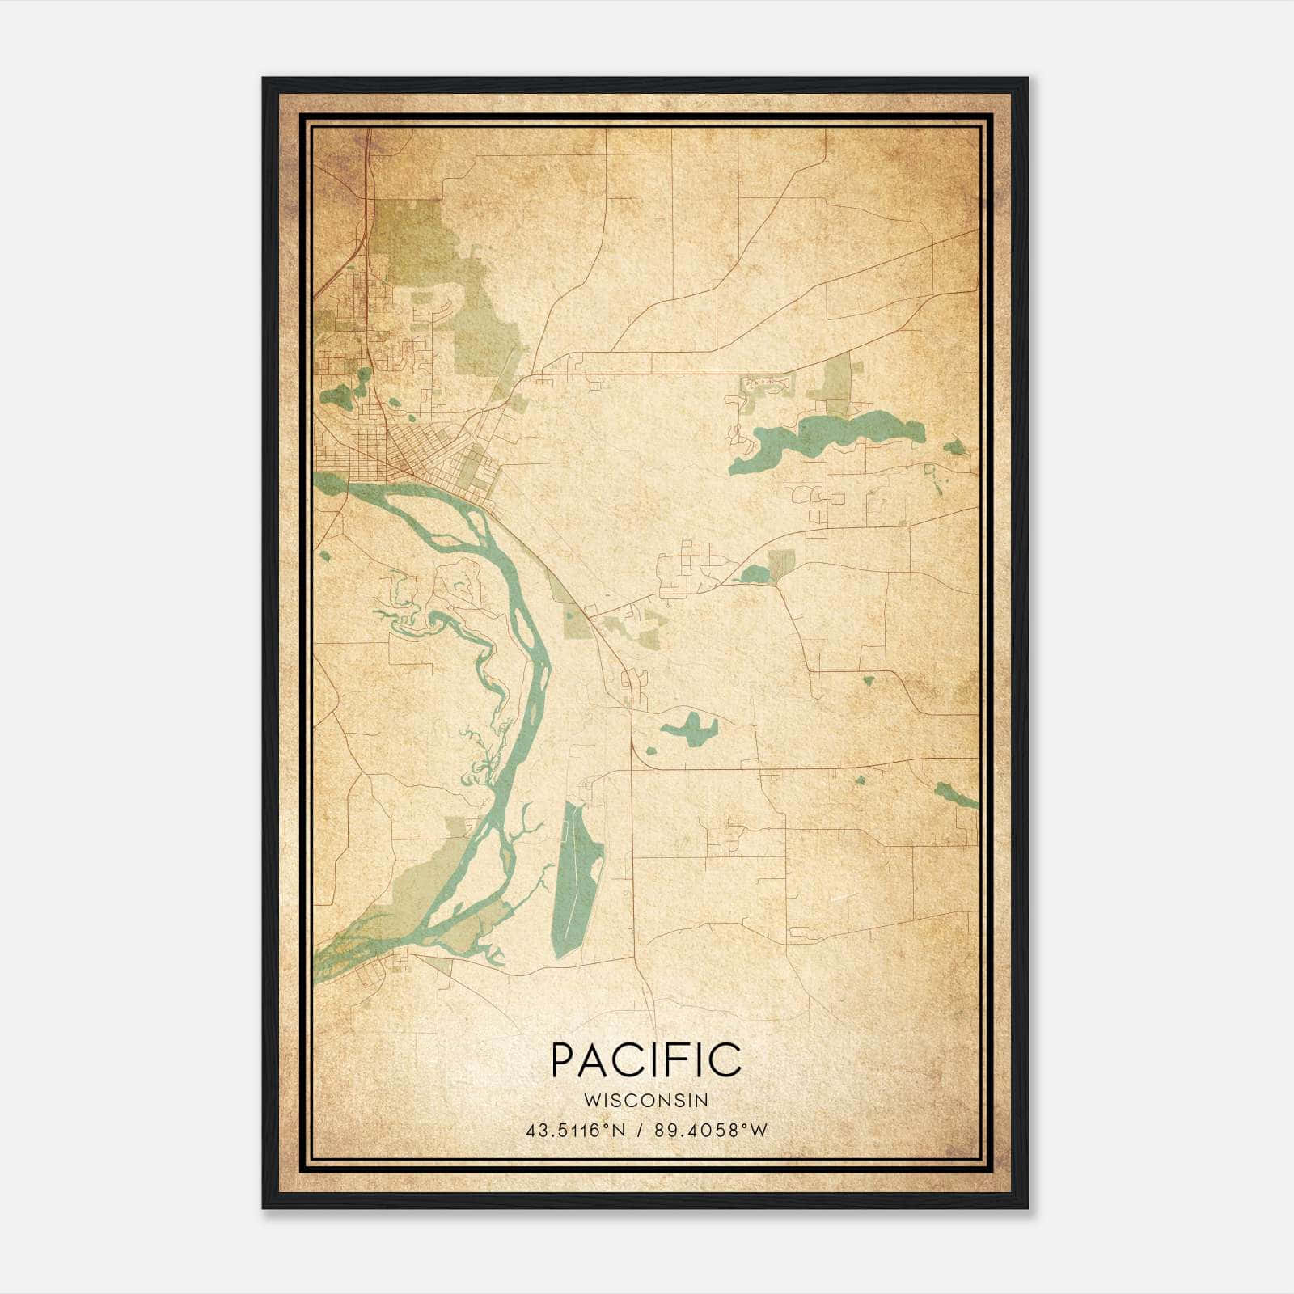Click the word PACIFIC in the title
645,1059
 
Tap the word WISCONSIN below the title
645,1100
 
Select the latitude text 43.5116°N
575,1131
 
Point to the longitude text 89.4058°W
709,1131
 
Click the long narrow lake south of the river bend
577,877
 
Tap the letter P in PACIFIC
564,1059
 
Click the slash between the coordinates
641,1131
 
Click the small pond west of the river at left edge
324,556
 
